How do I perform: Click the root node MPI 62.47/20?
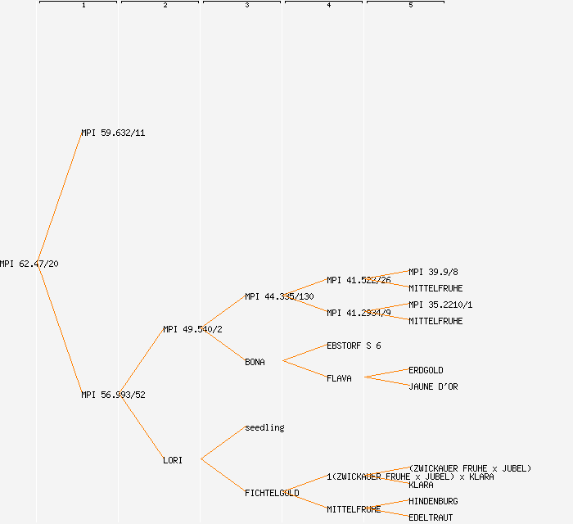pyautogui.click(x=29, y=264)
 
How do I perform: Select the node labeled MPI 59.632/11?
pyautogui.click(x=113, y=133)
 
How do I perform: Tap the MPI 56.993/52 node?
pyautogui.click(x=113, y=395)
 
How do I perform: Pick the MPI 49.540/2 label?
pyautogui.click(x=192, y=329)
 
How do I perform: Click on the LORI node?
pyautogui.click(x=173, y=460)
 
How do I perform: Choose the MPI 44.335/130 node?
pyautogui.click(x=279, y=296)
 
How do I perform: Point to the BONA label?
pyautogui.click(x=255, y=362)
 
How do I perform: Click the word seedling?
pyautogui.click(x=264, y=427)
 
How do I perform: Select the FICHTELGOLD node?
pyautogui.click(x=272, y=493)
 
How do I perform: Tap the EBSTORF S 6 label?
pyautogui.click(x=354, y=346)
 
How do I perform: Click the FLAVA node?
pyautogui.click(x=339, y=378)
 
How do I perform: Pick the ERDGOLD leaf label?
pyautogui.click(x=426, y=370)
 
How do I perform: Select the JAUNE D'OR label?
pyautogui.click(x=433, y=386)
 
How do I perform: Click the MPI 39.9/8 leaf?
pyautogui.click(x=433, y=272)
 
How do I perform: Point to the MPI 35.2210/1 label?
pyautogui.click(x=440, y=305)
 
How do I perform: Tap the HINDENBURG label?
pyautogui.click(x=433, y=501)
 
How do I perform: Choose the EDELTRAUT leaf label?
pyautogui.click(x=431, y=517)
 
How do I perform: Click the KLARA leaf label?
pyautogui.click(x=421, y=485)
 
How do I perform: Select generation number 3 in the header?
pyautogui.click(x=247, y=6)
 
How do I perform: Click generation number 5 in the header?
pyautogui.click(x=411, y=6)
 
